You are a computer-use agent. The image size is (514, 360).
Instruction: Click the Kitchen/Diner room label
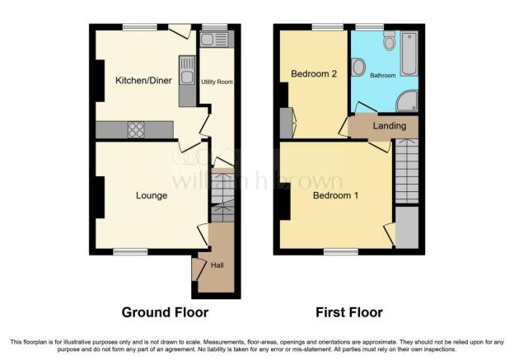pyautogui.click(x=143, y=81)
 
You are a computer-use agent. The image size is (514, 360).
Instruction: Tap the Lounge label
pyautogui.click(x=152, y=195)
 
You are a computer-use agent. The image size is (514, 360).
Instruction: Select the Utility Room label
pyautogui.click(x=217, y=82)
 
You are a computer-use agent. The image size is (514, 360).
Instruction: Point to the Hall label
pyautogui.click(x=217, y=265)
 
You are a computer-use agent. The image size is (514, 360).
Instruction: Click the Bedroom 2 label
pyautogui.click(x=314, y=73)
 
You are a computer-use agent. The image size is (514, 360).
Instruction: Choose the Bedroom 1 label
pyautogui.click(x=335, y=195)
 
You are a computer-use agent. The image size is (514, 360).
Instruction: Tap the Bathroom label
pyautogui.click(x=382, y=76)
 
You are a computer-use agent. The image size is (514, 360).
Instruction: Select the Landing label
pyautogui.click(x=390, y=125)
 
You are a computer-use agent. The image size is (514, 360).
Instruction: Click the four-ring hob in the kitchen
pyautogui.click(x=136, y=129)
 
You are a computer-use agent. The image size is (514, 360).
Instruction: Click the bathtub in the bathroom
pyautogui.click(x=409, y=54)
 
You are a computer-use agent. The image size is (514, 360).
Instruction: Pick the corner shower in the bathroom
pyautogui.click(x=407, y=101)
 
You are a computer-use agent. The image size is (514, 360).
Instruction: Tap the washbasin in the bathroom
pyautogui.click(x=358, y=67)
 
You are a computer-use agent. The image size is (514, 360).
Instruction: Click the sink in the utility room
pyautogui.click(x=213, y=40)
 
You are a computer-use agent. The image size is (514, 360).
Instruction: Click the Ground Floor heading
pyautogui.click(x=165, y=312)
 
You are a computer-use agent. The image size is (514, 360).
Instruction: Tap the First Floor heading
pyautogui.click(x=349, y=312)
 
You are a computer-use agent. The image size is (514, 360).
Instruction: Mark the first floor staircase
pyautogui.click(x=406, y=171)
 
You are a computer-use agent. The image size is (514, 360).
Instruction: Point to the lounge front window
pyautogui.click(x=130, y=251)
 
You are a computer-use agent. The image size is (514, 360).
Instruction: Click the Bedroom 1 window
pyautogui.click(x=341, y=251)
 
